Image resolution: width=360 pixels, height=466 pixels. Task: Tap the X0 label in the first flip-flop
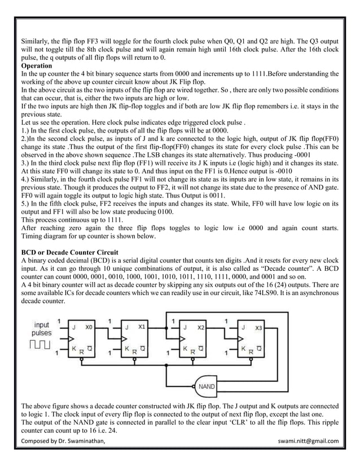click(89, 327)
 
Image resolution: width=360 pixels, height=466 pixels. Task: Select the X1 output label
click(142, 327)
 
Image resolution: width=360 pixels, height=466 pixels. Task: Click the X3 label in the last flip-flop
click(258, 327)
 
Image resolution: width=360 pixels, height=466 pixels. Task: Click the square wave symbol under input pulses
click(43, 344)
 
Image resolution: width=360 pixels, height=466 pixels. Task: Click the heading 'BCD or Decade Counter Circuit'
click(72, 252)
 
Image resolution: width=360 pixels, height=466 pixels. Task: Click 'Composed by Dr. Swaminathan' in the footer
click(63, 441)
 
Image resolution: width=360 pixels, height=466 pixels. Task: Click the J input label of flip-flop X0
click(73, 327)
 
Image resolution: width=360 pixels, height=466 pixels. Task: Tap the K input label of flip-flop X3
click(243, 349)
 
